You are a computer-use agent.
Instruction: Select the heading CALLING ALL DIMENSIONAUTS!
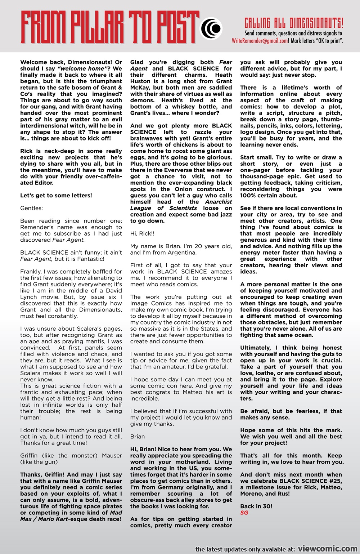pyautogui.click(x=294, y=24)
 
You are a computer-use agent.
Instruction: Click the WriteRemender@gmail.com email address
pyautogui.click(x=260, y=41)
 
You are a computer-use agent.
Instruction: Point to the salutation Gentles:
pyautogui.click(x=31, y=208)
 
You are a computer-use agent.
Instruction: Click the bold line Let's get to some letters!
pyautogui.click(x=56, y=196)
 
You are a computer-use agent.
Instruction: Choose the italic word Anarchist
pyautogui.click(x=219, y=202)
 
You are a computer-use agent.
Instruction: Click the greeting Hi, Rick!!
pyautogui.click(x=142, y=233)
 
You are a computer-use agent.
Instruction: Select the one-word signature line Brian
pyautogui.click(x=138, y=437)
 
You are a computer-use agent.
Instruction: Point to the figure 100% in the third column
pyautogui.click(x=248, y=196)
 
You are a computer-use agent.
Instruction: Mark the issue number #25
pyautogui.click(x=333, y=481)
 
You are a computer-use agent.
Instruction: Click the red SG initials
pyautogui.click(x=244, y=513)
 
